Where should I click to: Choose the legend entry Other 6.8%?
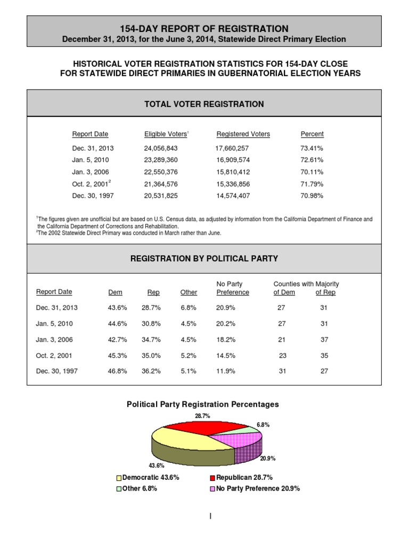tap(138, 488)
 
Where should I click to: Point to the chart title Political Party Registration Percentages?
tap(202, 405)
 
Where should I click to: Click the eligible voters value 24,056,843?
tap(161, 148)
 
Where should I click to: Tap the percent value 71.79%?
tap(312, 184)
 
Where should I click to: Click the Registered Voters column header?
tap(243, 134)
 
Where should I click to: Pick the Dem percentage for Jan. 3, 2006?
tap(117, 340)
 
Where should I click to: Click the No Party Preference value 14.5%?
tap(226, 356)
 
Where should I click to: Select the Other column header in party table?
tap(189, 292)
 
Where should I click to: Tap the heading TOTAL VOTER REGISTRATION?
tap(204, 104)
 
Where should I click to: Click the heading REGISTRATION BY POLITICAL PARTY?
tap(204, 259)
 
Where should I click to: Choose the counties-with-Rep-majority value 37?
tap(324, 340)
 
